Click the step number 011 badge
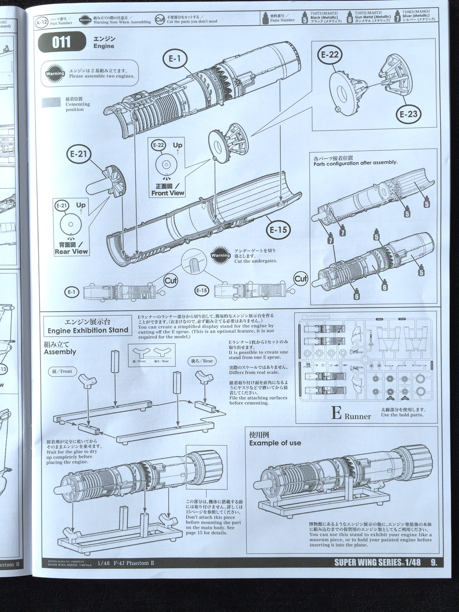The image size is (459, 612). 61,42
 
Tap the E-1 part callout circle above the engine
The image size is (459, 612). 174,59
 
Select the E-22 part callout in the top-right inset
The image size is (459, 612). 330,55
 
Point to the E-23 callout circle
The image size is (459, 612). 408,114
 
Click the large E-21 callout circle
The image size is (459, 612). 79,154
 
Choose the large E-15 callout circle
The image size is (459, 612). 278,229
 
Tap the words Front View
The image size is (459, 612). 167,193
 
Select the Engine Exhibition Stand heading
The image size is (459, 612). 88,330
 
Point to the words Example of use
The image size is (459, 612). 275,443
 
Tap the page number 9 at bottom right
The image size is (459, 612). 434,562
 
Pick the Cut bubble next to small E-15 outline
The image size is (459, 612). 301,279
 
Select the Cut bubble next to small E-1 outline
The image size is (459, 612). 171,280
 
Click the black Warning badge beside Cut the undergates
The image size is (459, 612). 221,255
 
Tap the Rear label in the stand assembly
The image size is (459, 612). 202,361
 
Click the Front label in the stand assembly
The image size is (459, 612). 62,371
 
